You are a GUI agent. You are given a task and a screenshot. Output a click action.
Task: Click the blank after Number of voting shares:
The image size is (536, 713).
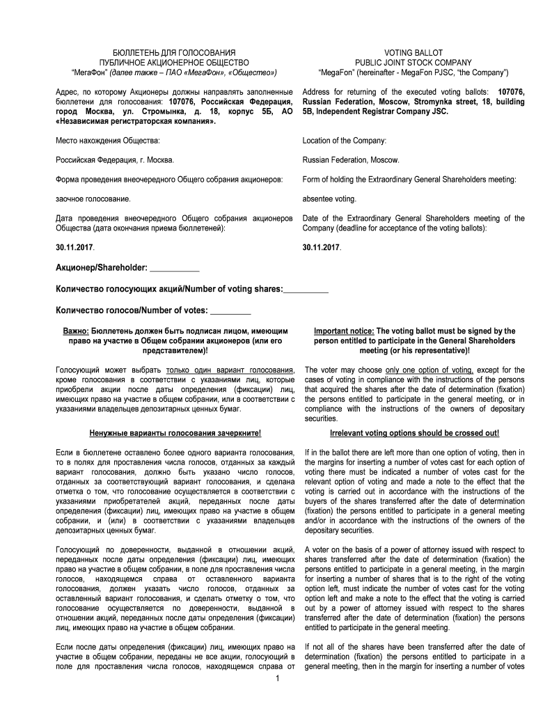[305, 289]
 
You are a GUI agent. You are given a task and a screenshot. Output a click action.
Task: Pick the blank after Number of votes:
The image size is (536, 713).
[230, 310]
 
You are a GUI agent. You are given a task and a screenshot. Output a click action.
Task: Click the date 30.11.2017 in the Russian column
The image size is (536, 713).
[74, 247]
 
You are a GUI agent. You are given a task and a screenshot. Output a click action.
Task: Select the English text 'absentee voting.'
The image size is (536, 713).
[329, 198]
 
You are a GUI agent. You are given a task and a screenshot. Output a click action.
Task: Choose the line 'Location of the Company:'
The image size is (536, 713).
[344, 141]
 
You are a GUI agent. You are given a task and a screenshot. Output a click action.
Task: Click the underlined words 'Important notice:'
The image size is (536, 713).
[345, 331]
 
